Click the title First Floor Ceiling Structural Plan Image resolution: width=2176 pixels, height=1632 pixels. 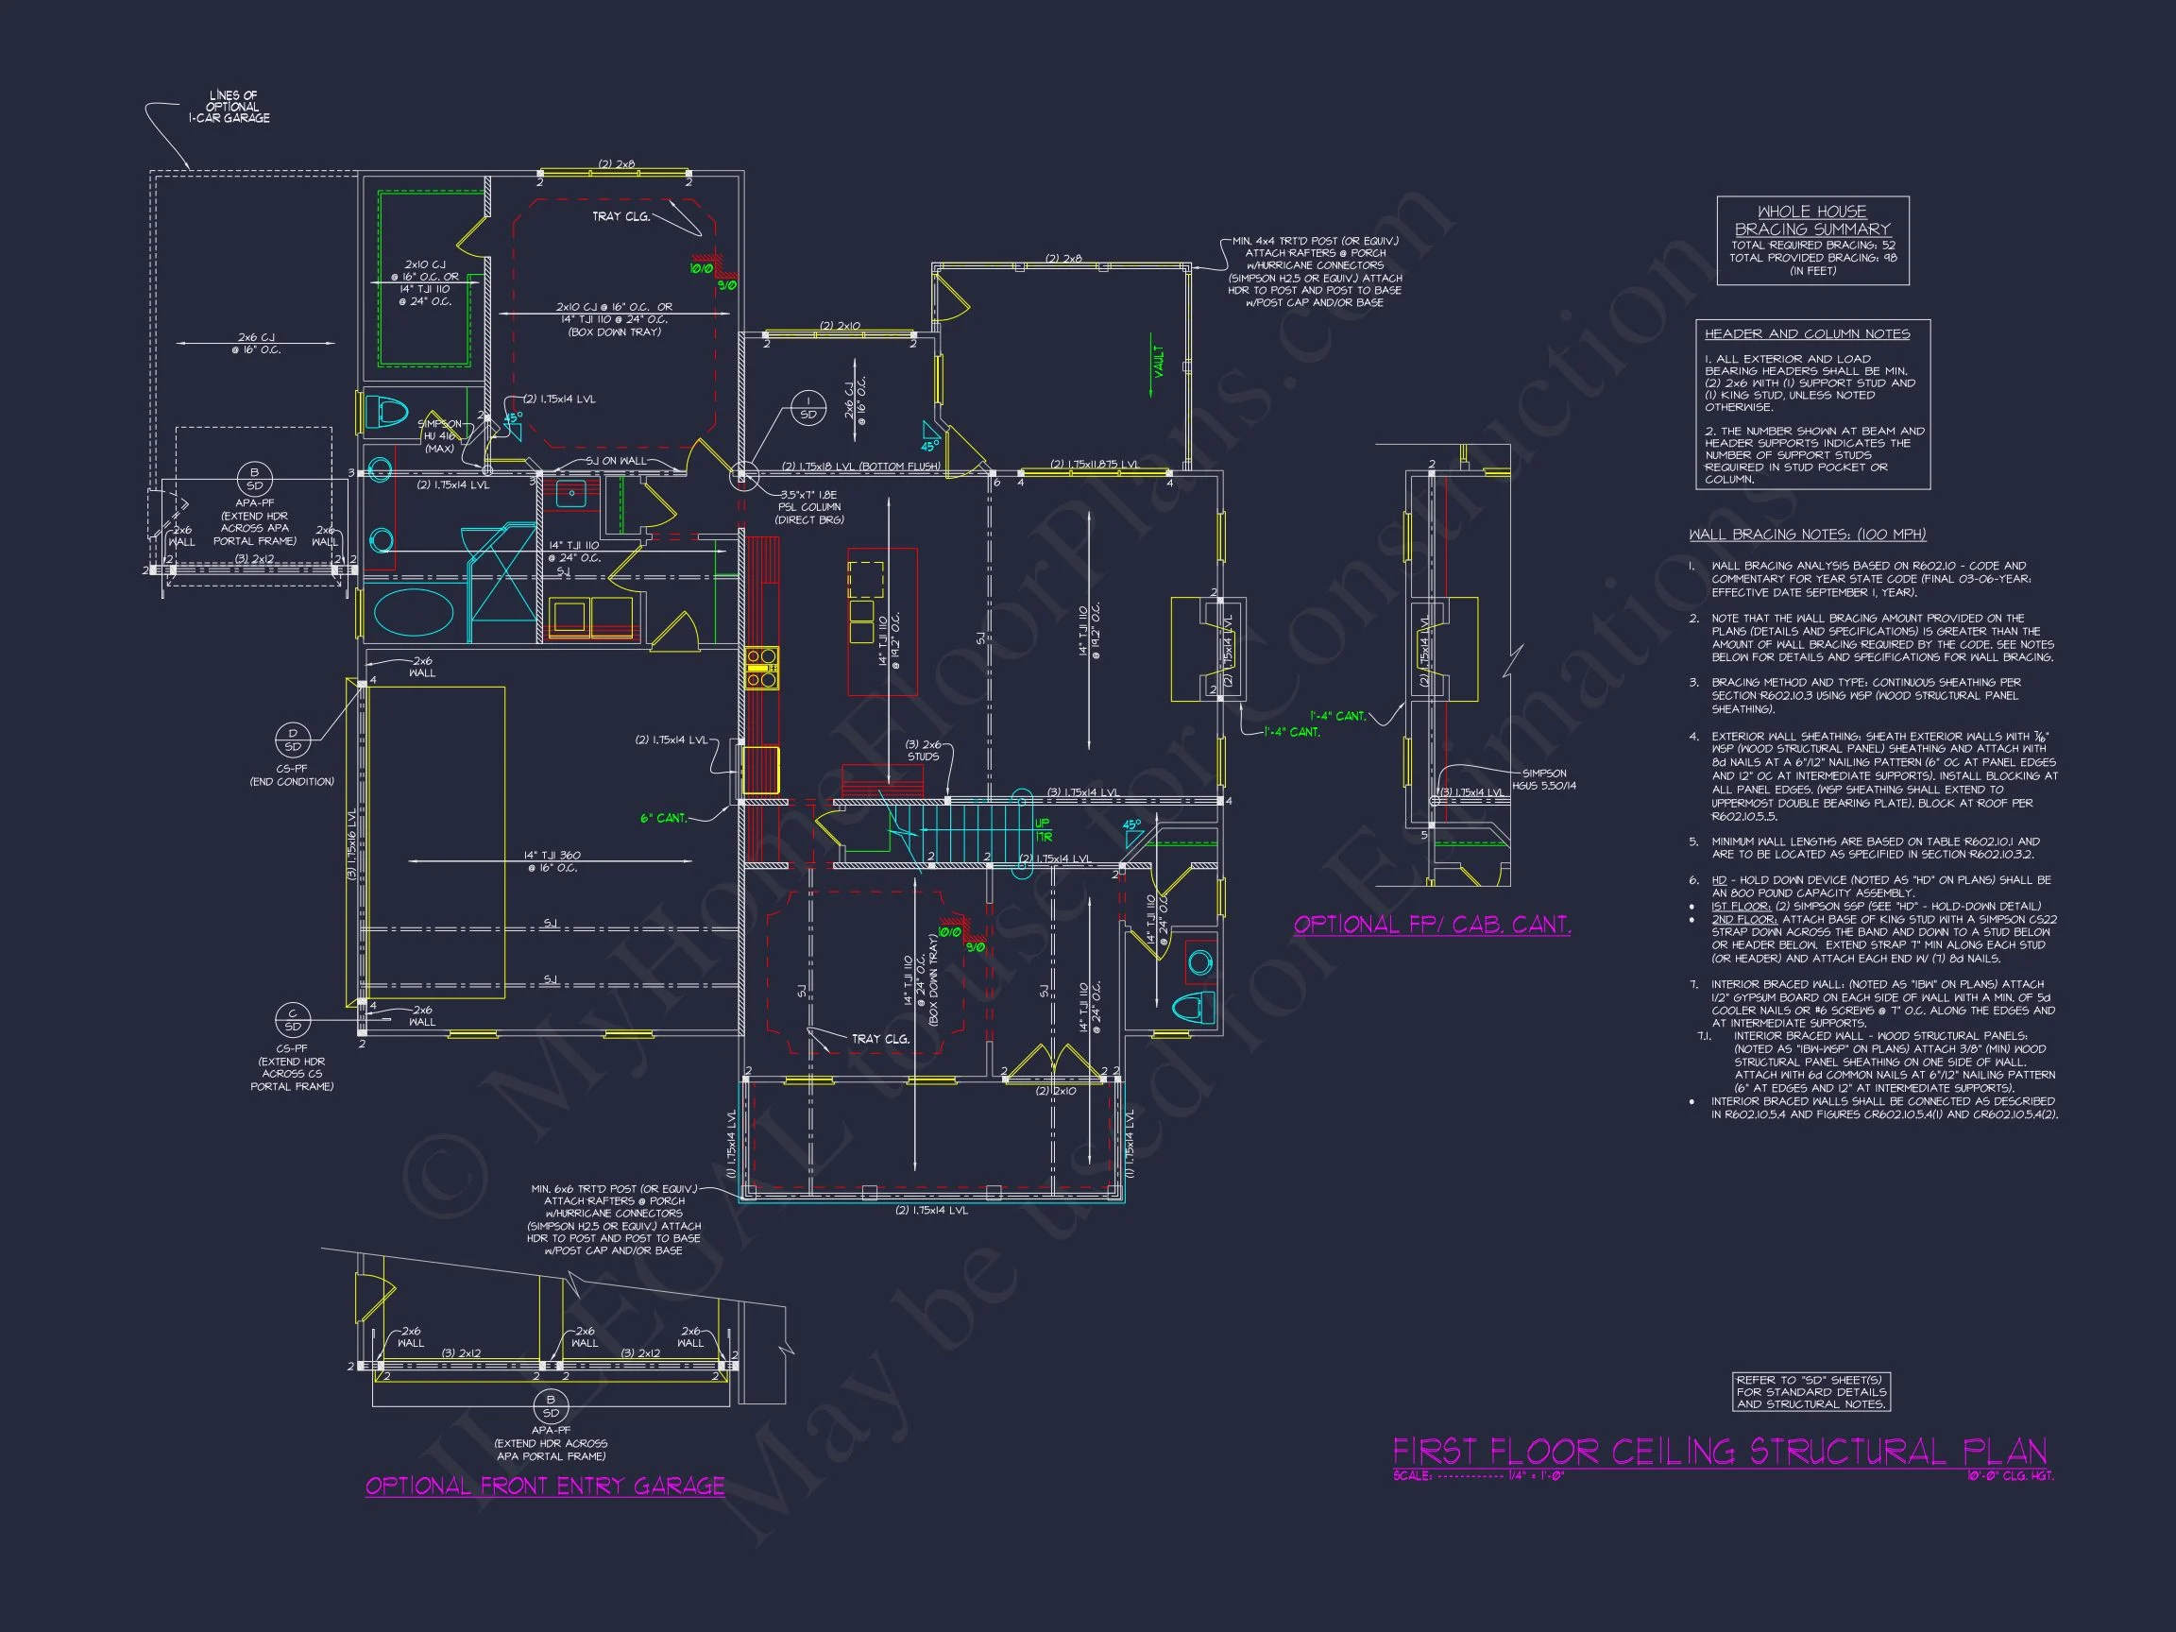coord(1720,1452)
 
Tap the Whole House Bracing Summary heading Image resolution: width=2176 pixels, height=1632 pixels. coord(1812,220)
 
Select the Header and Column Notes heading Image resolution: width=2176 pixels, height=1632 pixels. coord(1807,334)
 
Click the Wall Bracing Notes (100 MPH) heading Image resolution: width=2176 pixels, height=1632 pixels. coord(1807,535)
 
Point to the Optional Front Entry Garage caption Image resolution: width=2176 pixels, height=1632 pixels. coord(545,1486)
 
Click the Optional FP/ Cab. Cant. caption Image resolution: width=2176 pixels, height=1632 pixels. coord(1432,925)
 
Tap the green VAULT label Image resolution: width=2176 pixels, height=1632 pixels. coord(1159,361)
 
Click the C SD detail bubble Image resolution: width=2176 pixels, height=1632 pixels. coord(292,1019)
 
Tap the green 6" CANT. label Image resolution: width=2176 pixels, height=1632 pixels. coord(664,818)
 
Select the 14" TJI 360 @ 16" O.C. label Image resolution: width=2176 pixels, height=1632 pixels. coord(550,861)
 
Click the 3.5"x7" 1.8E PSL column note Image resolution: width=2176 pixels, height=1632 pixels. coord(808,506)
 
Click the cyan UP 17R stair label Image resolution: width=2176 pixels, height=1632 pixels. coord(1043,829)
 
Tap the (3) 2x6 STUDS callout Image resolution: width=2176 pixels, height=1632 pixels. coord(923,751)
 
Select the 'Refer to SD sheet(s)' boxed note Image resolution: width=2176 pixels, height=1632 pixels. coord(1811,1392)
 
